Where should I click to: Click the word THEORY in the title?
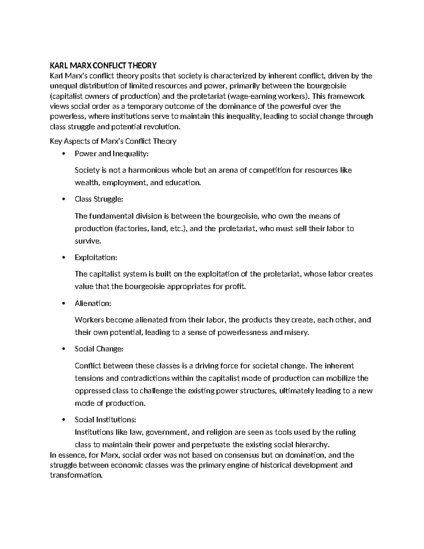pyautogui.click(x=142, y=65)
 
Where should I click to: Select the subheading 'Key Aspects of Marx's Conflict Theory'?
pyautogui.click(x=113, y=141)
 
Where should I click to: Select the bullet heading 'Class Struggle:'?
pyautogui.click(x=99, y=199)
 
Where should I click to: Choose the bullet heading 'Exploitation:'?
pyautogui.click(x=96, y=258)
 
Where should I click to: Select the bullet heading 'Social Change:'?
pyautogui.click(x=99, y=349)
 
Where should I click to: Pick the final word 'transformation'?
pyautogui.click(x=76, y=475)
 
